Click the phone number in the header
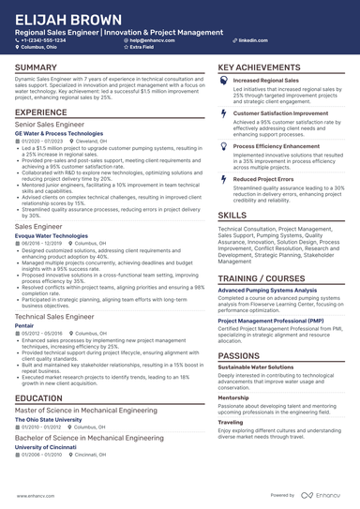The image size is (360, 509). tap(45, 41)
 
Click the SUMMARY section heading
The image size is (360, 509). tap(36, 68)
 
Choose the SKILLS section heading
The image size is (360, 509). tap(232, 215)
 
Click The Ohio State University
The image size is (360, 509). tap(52, 421)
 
